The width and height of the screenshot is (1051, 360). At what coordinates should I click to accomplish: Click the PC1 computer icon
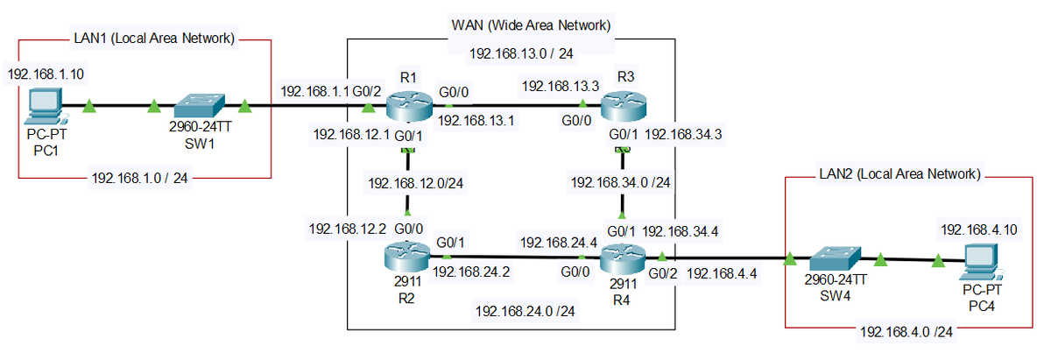46,106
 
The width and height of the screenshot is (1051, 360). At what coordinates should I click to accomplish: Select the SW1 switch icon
200,106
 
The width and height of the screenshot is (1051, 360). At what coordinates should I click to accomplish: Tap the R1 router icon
409,107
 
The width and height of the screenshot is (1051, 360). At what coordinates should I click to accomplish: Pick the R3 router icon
624,106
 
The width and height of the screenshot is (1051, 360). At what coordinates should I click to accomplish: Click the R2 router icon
406,258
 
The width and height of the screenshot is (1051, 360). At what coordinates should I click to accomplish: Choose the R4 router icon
623,258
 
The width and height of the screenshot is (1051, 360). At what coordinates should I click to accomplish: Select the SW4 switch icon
836,258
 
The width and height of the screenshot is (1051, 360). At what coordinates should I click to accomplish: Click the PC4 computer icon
982,263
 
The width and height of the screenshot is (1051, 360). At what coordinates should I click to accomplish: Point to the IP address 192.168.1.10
46,74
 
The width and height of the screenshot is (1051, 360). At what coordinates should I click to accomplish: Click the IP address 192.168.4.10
979,229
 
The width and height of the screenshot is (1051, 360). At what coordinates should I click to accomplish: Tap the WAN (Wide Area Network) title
531,25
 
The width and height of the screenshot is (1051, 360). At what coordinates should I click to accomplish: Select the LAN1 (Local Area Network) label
154,38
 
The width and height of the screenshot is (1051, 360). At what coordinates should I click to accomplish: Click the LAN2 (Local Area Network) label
900,174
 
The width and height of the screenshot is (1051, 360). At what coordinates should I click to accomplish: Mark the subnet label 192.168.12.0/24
416,183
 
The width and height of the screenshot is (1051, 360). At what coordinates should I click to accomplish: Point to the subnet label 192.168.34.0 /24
620,182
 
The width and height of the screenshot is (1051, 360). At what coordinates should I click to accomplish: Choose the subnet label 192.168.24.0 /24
525,311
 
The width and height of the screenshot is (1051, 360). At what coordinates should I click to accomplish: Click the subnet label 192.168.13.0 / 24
521,53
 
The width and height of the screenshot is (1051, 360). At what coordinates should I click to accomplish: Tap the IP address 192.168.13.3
561,87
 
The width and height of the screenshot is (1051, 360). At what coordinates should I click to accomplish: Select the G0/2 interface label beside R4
662,273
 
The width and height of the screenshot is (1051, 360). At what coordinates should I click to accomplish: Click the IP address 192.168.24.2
471,272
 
